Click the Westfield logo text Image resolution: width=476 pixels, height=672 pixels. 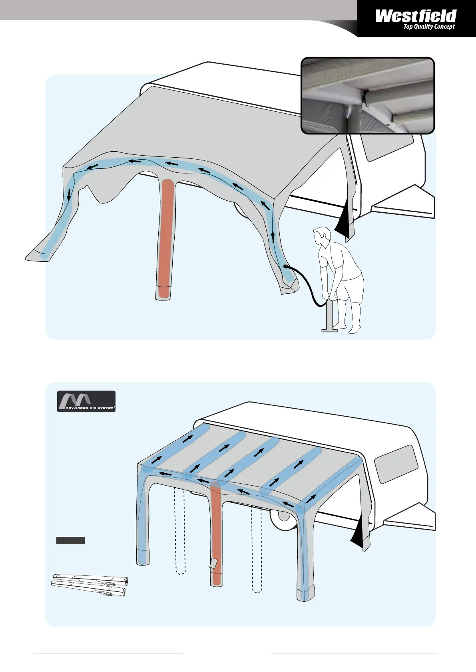pos(416,16)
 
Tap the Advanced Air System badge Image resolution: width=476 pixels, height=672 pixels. pos(86,401)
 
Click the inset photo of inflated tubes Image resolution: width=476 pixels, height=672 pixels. pos(367,95)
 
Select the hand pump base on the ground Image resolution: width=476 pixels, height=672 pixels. pos(329,330)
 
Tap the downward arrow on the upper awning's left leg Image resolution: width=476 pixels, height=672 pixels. pos(69,194)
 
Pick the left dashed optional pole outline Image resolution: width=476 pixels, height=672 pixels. pos(180,531)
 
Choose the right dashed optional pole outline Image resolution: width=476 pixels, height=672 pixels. pos(257,551)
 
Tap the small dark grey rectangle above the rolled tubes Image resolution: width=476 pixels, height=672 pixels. pos(70,541)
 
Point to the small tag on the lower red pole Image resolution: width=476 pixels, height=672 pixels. pos(213,563)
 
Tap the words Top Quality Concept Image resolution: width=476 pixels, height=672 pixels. pos(429,27)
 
